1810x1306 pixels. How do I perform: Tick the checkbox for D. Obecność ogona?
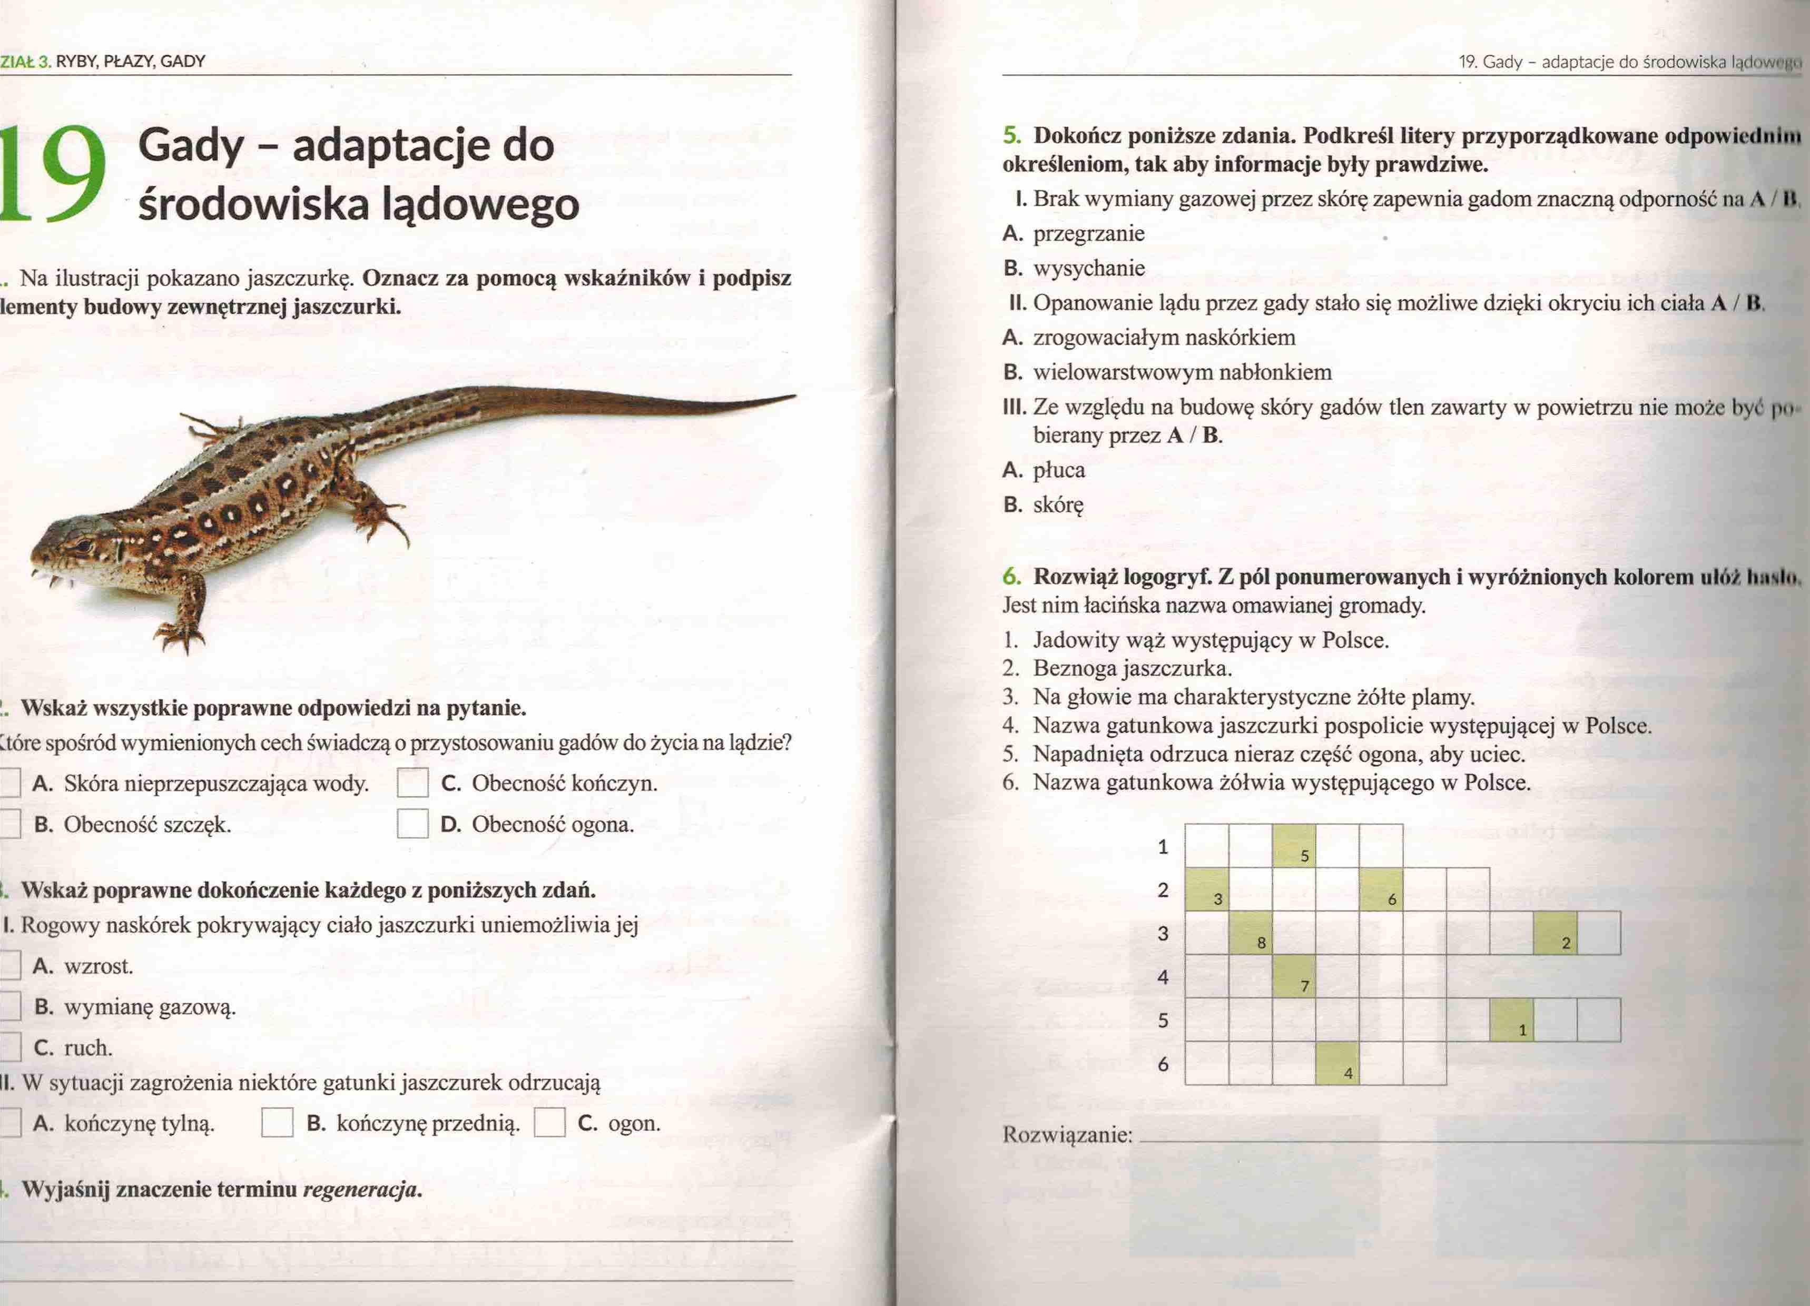pyautogui.click(x=412, y=823)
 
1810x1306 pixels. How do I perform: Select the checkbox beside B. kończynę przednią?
pyautogui.click(x=277, y=1123)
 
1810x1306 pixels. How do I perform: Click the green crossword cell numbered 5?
pyautogui.click(x=1294, y=846)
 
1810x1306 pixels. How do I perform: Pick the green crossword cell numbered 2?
pyautogui.click(x=1555, y=933)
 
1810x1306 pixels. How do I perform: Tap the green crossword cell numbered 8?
pyautogui.click(x=1251, y=933)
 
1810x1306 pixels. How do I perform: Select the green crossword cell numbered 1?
pyautogui.click(x=1511, y=1020)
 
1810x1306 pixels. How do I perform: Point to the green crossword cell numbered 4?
pyautogui.click(x=1337, y=1063)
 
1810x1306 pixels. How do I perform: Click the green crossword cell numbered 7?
pyautogui.click(x=1294, y=976)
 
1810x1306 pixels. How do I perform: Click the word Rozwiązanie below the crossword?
pyautogui.click(x=1067, y=1134)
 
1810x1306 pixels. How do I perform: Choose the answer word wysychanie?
pyautogui.click(x=1088, y=268)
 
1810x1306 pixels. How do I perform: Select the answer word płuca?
pyautogui.click(x=1059, y=470)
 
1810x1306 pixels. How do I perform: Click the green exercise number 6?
pyautogui.click(x=1011, y=576)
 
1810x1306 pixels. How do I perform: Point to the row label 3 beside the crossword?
pyautogui.click(x=1163, y=933)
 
